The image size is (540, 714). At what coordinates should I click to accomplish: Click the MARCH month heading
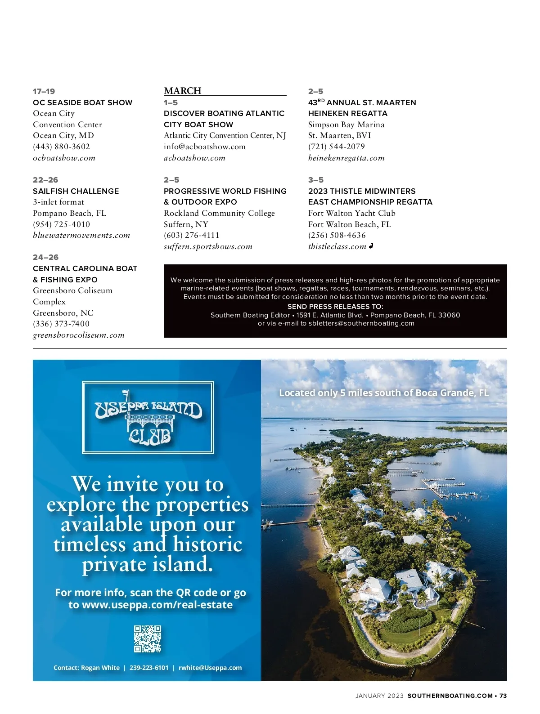[x=182, y=91]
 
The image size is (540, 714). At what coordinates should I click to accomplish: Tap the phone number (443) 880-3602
[x=61, y=147]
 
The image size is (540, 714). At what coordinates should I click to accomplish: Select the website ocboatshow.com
[x=64, y=158]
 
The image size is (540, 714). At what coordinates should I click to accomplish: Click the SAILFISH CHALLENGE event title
[x=76, y=191]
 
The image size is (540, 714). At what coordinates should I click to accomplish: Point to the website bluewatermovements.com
[x=81, y=235]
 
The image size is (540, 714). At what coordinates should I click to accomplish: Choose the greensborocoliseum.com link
[x=79, y=335]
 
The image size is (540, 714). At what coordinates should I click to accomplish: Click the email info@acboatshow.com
[x=204, y=147]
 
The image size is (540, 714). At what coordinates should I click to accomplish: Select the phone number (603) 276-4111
[x=191, y=235]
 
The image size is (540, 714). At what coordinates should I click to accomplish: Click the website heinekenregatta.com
[x=346, y=158]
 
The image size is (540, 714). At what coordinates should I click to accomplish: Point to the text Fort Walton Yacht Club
[x=351, y=213]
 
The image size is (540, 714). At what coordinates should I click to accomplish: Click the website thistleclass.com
[x=337, y=246]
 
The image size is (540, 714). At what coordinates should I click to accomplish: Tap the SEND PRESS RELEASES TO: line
[x=335, y=306]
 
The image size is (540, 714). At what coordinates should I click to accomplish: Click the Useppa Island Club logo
[x=148, y=417]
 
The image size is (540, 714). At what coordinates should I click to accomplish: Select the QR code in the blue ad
[x=148, y=638]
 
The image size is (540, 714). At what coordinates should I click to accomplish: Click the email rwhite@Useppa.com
[x=210, y=668]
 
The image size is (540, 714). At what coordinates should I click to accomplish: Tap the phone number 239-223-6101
[x=149, y=668]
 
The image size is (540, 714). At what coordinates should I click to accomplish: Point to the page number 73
[x=503, y=696]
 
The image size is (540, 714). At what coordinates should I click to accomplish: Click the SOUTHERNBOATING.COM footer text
[x=450, y=696]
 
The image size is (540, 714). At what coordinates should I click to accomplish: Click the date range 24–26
[x=45, y=257]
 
